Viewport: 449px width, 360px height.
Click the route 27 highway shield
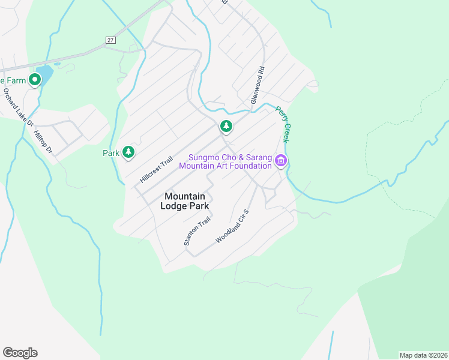click(x=110, y=40)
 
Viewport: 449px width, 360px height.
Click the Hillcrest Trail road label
click(x=156, y=170)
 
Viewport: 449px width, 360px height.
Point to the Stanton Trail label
click(x=197, y=231)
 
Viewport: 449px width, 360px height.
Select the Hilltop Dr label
click(x=44, y=142)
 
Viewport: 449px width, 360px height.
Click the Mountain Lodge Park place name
click(x=185, y=201)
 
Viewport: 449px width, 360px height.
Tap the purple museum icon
click(x=280, y=161)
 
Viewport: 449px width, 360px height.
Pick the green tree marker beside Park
click(x=128, y=152)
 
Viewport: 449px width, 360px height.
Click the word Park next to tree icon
click(x=111, y=153)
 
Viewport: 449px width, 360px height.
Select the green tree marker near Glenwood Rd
click(x=226, y=126)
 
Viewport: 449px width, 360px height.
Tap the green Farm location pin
click(x=35, y=79)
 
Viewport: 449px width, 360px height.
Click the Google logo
click(x=20, y=353)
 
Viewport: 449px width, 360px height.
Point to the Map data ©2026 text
click(x=423, y=355)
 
